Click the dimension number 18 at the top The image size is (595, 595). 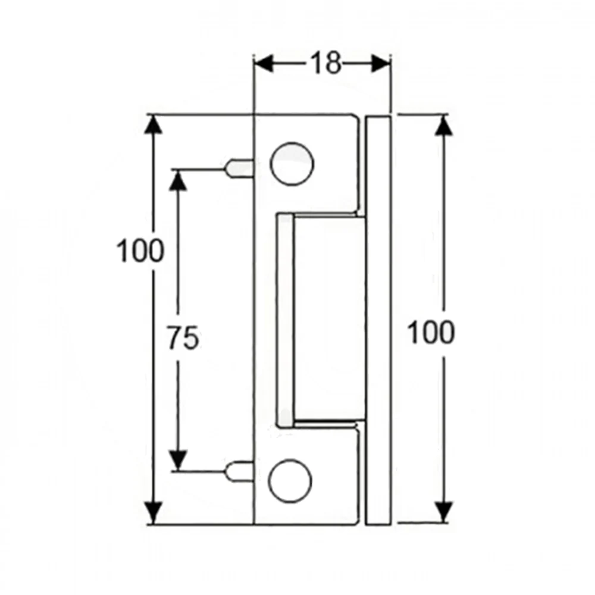325,64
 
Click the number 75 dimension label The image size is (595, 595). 183,338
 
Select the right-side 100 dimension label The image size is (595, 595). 430,332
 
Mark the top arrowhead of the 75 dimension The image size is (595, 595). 177,180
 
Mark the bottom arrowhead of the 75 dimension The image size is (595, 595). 177,459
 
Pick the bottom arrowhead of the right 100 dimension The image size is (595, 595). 444,511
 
